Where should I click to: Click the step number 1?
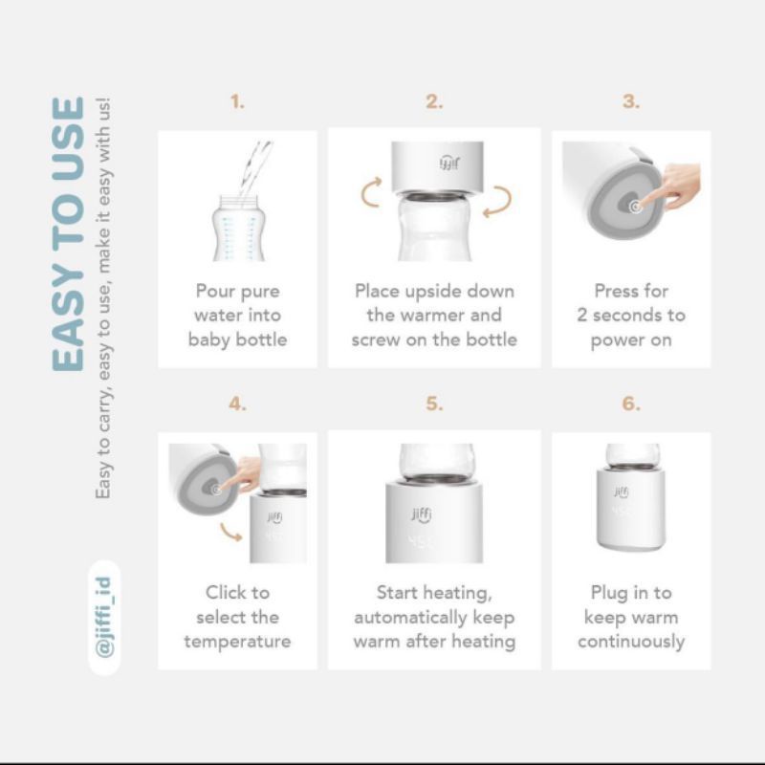[x=237, y=102]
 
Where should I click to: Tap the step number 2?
[x=434, y=102]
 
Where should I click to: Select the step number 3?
[x=631, y=102]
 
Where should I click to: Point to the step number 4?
[x=237, y=404]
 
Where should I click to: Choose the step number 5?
[x=434, y=404]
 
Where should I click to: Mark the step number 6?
[x=631, y=404]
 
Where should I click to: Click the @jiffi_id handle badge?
[x=104, y=617]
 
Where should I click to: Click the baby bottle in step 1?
[x=238, y=228]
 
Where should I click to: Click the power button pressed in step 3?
[x=635, y=207]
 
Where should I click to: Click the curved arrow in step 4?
[x=230, y=532]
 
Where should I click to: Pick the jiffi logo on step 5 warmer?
[x=422, y=514]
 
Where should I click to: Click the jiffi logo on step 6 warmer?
[x=621, y=492]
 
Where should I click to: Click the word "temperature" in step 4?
[x=237, y=642]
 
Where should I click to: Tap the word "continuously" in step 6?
[x=631, y=642]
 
